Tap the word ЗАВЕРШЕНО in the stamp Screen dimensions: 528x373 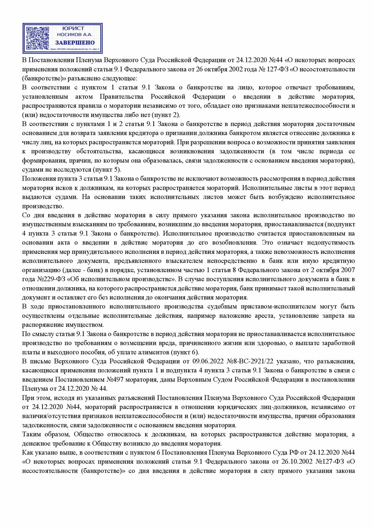(x=75, y=43)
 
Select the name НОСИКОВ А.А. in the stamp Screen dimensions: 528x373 (x=75, y=34)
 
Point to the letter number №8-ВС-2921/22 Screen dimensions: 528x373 (x=250, y=362)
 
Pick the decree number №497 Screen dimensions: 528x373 (x=115, y=380)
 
